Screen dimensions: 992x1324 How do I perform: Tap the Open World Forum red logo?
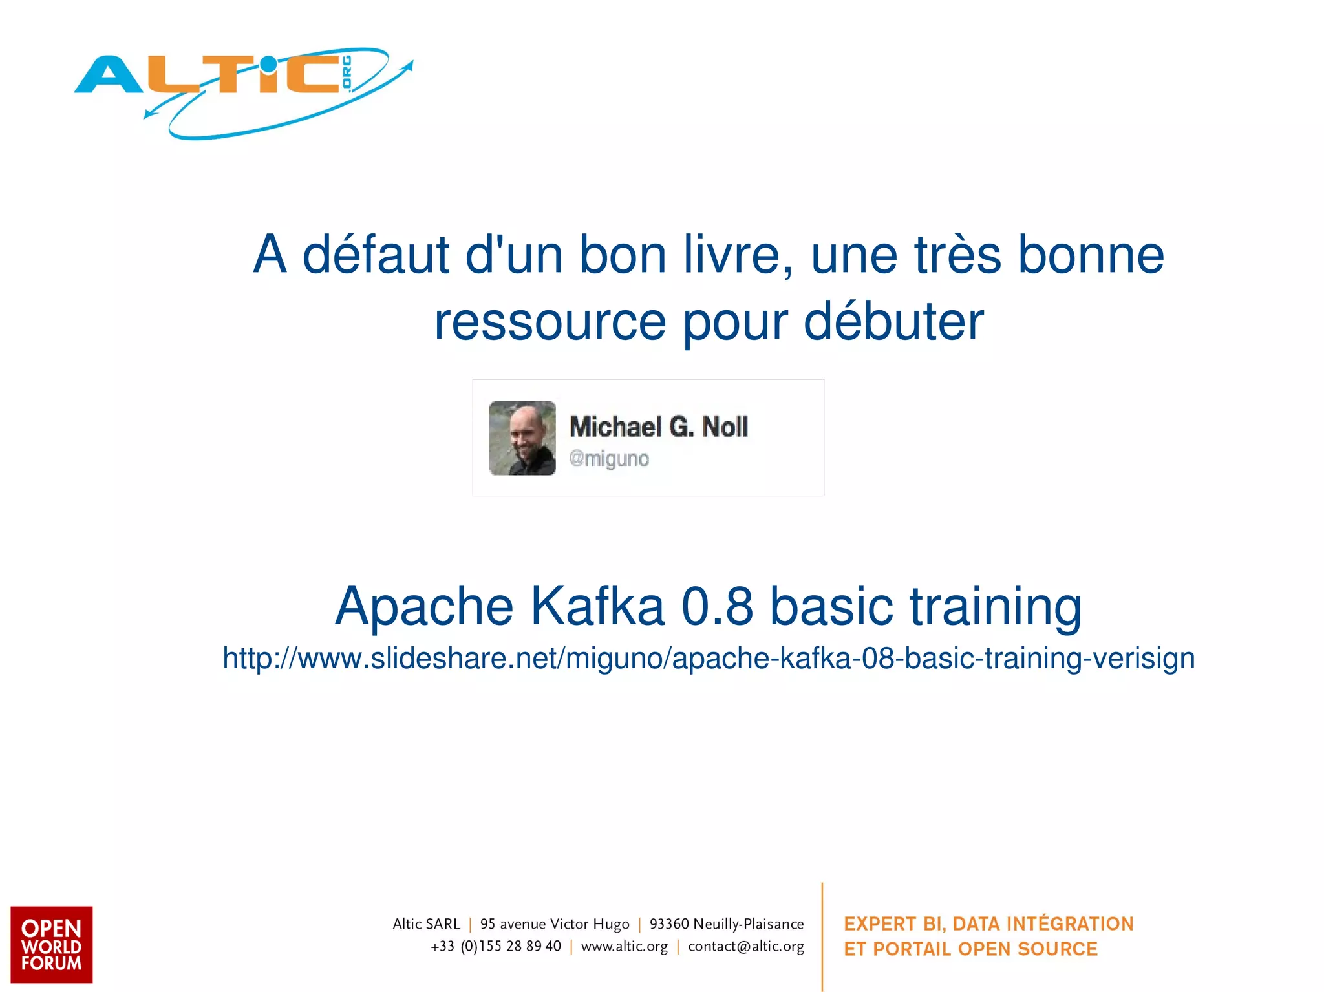tap(52, 944)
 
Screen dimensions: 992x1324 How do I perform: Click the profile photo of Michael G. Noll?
tap(522, 438)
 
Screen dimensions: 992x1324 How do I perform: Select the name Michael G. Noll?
tap(659, 427)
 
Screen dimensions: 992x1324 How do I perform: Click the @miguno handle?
tap(609, 459)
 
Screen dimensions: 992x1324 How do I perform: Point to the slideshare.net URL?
tap(709, 659)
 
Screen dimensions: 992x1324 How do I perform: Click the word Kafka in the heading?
tap(598, 606)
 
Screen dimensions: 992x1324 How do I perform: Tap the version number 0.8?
tap(718, 606)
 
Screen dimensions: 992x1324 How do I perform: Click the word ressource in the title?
tap(550, 321)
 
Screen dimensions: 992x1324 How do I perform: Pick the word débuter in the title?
tap(893, 321)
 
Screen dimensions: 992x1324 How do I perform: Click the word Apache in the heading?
tap(424, 606)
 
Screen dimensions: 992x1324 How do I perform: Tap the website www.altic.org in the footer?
tap(625, 947)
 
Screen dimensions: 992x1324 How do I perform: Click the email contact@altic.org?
tap(746, 947)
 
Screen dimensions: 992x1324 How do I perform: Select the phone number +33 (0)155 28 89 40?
tap(496, 947)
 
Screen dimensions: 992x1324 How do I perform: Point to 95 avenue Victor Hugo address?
tap(555, 924)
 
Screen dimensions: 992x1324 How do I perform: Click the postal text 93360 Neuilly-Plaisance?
tap(727, 924)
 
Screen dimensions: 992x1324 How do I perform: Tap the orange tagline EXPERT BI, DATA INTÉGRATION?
tap(988, 924)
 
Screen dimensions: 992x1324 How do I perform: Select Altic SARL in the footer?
tap(426, 924)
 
